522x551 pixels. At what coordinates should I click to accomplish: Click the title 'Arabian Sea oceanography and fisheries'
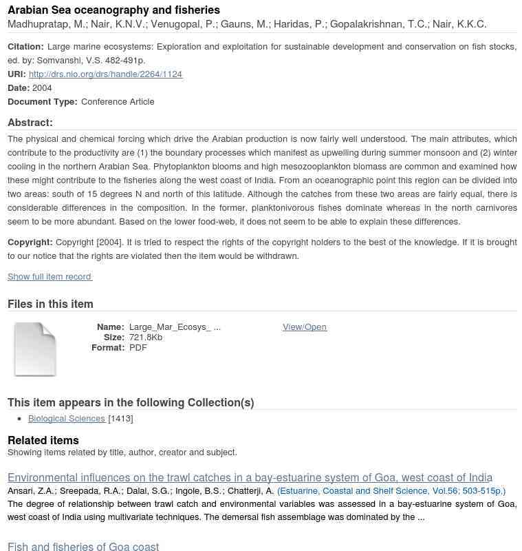tap(113, 10)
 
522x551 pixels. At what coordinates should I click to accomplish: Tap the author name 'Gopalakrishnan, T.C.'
tap(378, 25)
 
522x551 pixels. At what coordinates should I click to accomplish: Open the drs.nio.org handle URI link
tap(105, 74)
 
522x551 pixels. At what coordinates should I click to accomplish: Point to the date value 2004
tap(42, 88)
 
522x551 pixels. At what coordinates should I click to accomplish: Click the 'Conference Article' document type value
tap(118, 102)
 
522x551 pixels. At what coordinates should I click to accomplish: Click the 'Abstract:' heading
tap(30, 123)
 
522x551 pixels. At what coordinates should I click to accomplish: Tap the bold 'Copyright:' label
tap(30, 242)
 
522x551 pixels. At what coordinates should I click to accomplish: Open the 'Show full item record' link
tap(50, 277)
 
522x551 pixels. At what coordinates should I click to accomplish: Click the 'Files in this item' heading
tap(50, 304)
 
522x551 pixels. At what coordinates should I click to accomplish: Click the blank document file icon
tap(35, 349)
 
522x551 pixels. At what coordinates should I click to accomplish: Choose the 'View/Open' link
tap(305, 327)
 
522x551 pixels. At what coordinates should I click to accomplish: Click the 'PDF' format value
tap(138, 348)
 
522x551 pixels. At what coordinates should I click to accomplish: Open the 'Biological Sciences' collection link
tap(67, 419)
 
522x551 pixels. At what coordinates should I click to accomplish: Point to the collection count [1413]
tap(120, 419)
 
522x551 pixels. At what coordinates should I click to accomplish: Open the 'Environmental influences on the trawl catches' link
tap(250, 478)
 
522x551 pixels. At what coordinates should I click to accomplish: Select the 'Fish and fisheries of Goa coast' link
tap(83, 547)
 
